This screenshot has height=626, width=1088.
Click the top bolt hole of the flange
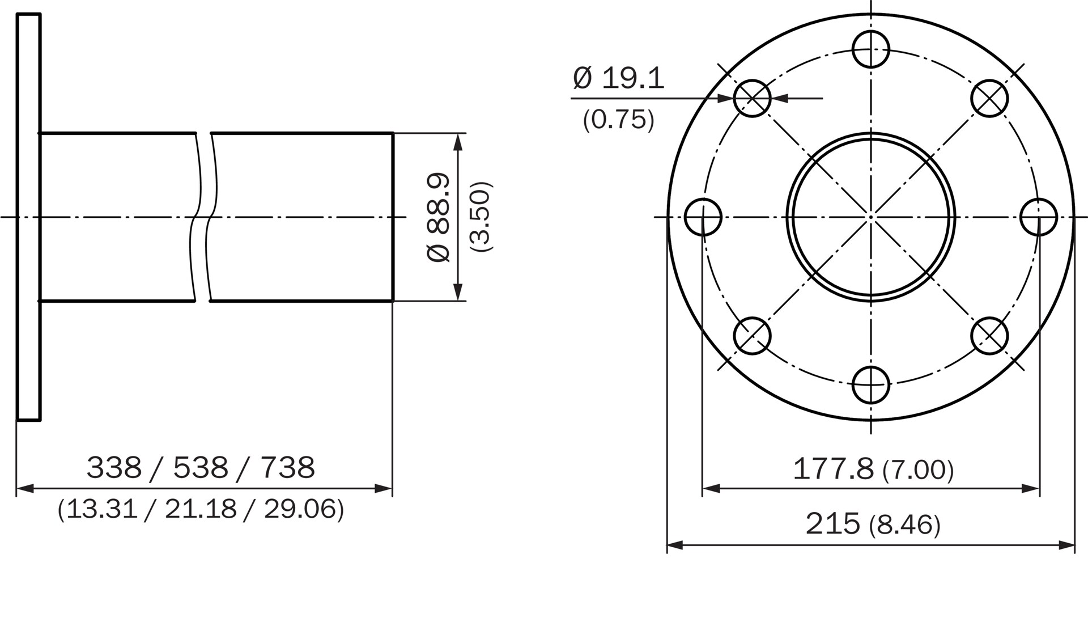point(871,49)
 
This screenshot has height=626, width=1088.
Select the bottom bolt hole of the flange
point(871,385)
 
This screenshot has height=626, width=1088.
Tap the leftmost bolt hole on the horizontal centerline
point(703,217)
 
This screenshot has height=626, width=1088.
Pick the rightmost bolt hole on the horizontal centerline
point(1039,217)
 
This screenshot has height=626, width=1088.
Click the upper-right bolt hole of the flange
point(989,99)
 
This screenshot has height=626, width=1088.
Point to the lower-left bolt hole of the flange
point(752,336)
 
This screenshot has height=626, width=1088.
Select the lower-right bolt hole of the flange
point(989,336)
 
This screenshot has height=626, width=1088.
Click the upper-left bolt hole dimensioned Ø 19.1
point(752,99)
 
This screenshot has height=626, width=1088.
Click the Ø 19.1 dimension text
point(618,78)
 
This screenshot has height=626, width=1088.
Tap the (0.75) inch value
point(618,120)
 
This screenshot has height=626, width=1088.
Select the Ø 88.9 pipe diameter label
point(439,217)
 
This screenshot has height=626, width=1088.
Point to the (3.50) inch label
point(481,217)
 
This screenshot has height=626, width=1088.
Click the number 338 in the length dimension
point(114,468)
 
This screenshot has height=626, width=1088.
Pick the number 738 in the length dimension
point(288,468)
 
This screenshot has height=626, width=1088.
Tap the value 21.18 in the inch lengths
point(201,509)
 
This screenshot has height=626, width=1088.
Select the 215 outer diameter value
point(832,524)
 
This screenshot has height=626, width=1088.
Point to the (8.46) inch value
point(904,525)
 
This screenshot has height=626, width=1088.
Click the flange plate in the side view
point(28,217)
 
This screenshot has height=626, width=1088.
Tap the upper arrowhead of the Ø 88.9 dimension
point(458,142)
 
